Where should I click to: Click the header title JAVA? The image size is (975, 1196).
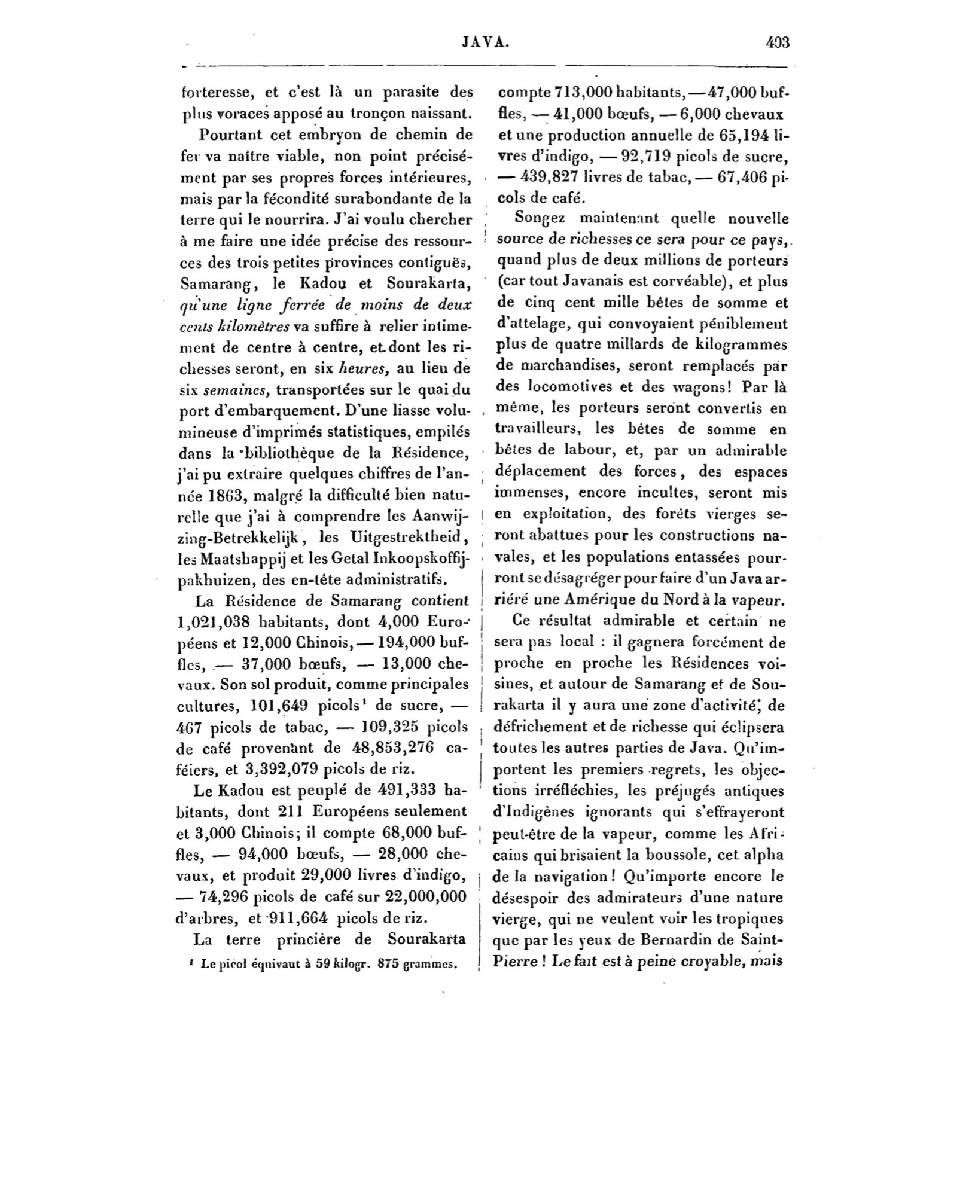[486, 43]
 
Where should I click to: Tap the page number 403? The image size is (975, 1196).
[777, 43]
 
